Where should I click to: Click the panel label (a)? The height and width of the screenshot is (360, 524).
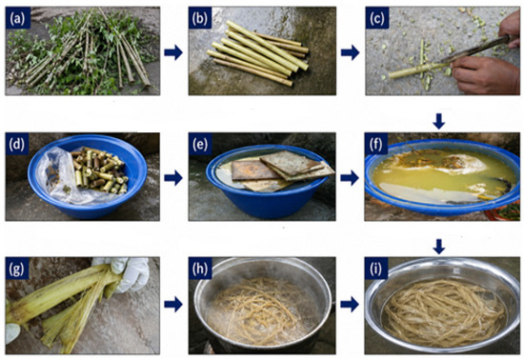[x=17, y=18]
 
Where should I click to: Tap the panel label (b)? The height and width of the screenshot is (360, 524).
[x=200, y=18]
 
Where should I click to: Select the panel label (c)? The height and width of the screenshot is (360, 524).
[x=377, y=18]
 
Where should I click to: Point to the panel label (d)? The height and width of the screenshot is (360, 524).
[x=17, y=144]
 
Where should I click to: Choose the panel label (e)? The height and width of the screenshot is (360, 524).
[x=200, y=144]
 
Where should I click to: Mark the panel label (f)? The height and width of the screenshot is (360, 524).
[x=376, y=144]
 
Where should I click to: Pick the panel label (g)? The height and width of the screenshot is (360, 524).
[x=17, y=269]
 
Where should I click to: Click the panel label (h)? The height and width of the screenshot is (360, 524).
[x=200, y=269]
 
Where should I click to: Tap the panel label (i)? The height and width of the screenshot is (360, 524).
[x=376, y=269]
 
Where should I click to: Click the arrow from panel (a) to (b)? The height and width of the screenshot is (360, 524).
[x=173, y=52]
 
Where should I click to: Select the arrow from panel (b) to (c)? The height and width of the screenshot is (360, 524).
[x=350, y=52]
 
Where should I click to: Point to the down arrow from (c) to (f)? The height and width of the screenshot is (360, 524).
[x=439, y=121]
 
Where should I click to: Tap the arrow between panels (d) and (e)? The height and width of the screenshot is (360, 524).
[x=173, y=178]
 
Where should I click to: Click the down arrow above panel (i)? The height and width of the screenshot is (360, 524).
[x=439, y=246]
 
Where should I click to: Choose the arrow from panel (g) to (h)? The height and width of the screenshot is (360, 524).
[x=173, y=305]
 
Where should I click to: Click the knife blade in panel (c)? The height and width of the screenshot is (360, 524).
[x=474, y=50]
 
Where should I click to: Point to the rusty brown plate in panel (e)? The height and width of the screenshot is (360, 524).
[x=252, y=170]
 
